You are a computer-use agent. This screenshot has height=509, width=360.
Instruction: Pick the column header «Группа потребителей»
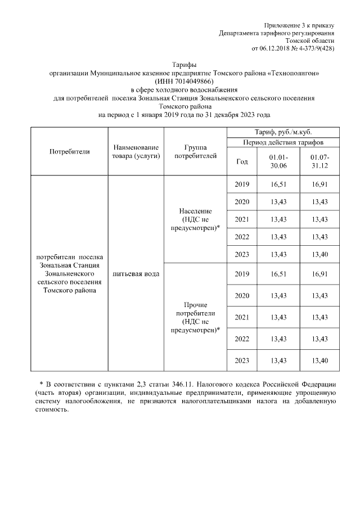195,151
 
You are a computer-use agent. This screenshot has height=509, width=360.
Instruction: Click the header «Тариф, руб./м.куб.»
283,132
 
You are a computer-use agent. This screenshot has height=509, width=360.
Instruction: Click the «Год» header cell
242,162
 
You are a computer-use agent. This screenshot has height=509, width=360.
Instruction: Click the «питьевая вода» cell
136,274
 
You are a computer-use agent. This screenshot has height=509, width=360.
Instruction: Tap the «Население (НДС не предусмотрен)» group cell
195,219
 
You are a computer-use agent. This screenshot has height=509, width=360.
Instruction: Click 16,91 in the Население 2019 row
319,184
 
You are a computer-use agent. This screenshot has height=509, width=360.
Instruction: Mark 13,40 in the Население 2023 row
319,254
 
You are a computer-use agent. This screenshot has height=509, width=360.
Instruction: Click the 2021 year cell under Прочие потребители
242,317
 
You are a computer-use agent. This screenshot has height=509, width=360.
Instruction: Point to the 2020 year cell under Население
242,202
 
